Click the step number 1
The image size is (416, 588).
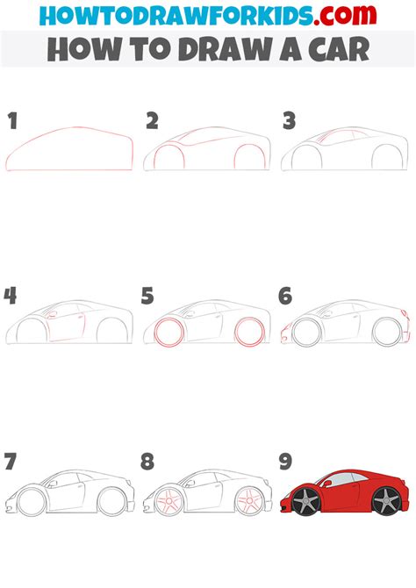pyautogui.click(x=13, y=121)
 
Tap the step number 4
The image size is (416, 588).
pyautogui.click(x=11, y=296)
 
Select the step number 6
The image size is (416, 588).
pyautogui.click(x=285, y=296)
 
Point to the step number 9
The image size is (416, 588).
pyautogui.click(x=285, y=462)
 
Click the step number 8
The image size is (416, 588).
pyautogui.click(x=147, y=462)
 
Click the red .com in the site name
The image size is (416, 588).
pyautogui.click(x=345, y=15)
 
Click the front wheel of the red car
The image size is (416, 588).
pyautogui.click(x=306, y=500)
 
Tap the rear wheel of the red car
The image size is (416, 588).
pyautogui.click(x=386, y=500)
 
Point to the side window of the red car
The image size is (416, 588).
pyautogui.click(x=343, y=478)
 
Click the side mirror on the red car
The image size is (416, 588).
pyautogui.click(x=327, y=484)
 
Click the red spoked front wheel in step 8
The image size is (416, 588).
pyautogui.click(x=169, y=501)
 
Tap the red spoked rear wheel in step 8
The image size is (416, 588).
pyautogui.click(x=249, y=501)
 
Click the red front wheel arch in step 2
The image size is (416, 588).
pyautogui.click(x=169, y=145)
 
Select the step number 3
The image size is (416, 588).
pyautogui.click(x=290, y=121)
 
